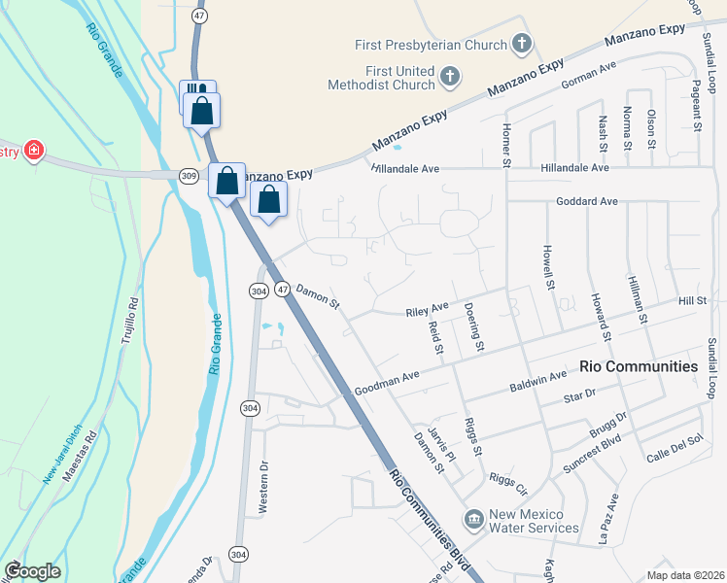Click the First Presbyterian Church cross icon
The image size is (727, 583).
pyautogui.click(x=523, y=44)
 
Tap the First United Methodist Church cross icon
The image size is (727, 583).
pyautogui.click(x=449, y=75)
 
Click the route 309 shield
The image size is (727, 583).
pyautogui.click(x=189, y=175)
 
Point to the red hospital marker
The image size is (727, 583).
pyautogui.click(x=34, y=150)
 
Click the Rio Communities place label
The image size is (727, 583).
pyautogui.click(x=639, y=366)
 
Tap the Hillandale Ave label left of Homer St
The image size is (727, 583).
pyautogui.click(x=404, y=168)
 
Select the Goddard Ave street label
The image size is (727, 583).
pyautogui.click(x=587, y=201)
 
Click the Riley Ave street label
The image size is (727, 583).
pyautogui.click(x=426, y=312)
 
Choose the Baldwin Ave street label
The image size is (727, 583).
pyautogui.click(x=537, y=381)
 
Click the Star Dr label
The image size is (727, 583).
pyautogui.click(x=578, y=396)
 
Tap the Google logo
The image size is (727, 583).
pyautogui.click(x=32, y=571)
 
